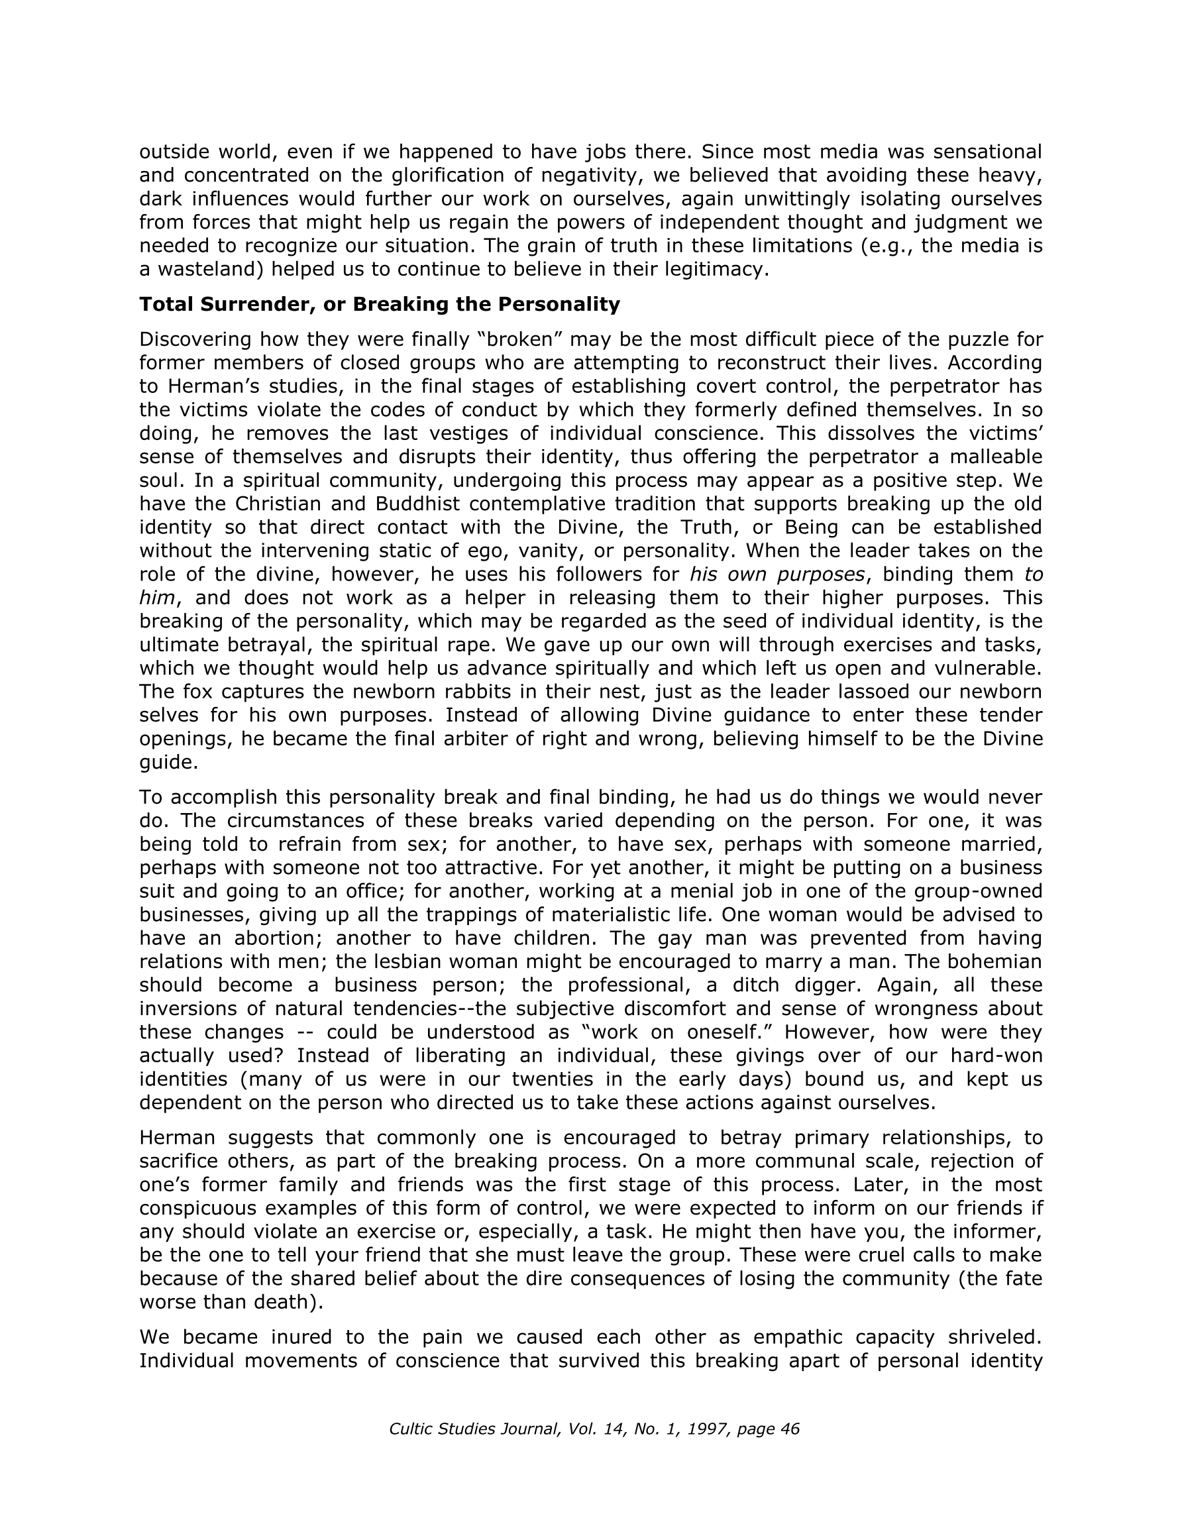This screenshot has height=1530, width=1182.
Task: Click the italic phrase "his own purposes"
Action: (x=777, y=574)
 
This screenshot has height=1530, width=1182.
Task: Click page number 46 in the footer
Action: (x=790, y=1429)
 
